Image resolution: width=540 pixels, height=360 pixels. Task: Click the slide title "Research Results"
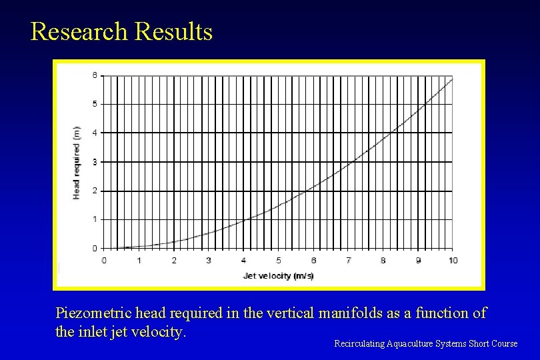pyautogui.click(x=121, y=32)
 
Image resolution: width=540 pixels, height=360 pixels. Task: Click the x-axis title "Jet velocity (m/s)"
pyautogui.click(x=278, y=275)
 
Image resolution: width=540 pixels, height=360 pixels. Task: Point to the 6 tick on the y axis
pyautogui.click(x=94, y=75)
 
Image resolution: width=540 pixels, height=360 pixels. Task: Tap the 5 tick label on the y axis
pyautogui.click(x=94, y=104)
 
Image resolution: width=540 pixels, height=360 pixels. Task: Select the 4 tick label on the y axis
pyautogui.click(x=94, y=133)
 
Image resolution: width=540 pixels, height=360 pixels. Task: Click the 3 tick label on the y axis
pyautogui.click(x=94, y=162)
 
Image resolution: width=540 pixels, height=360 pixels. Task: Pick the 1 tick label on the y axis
pyautogui.click(x=94, y=219)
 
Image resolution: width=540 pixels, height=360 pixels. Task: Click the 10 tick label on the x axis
pyautogui.click(x=453, y=260)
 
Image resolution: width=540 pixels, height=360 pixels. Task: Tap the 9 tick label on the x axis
pyautogui.click(x=418, y=260)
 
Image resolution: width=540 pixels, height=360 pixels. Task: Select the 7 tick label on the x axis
pyautogui.click(x=348, y=260)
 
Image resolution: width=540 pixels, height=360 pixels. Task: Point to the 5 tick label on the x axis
pyautogui.click(x=278, y=260)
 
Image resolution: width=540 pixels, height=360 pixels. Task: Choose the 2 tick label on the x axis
pyautogui.click(x=173, y=260)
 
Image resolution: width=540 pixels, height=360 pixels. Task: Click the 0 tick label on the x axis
pyautogui.click(x=103, y=260)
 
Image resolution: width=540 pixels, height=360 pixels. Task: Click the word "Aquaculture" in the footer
pyautogui.click(x=409, y=344)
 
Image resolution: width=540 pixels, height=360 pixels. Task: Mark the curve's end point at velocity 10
pyautogui.click(x=453, y=79)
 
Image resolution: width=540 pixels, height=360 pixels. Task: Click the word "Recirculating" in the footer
pyautogui.click(x=359, y=344)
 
